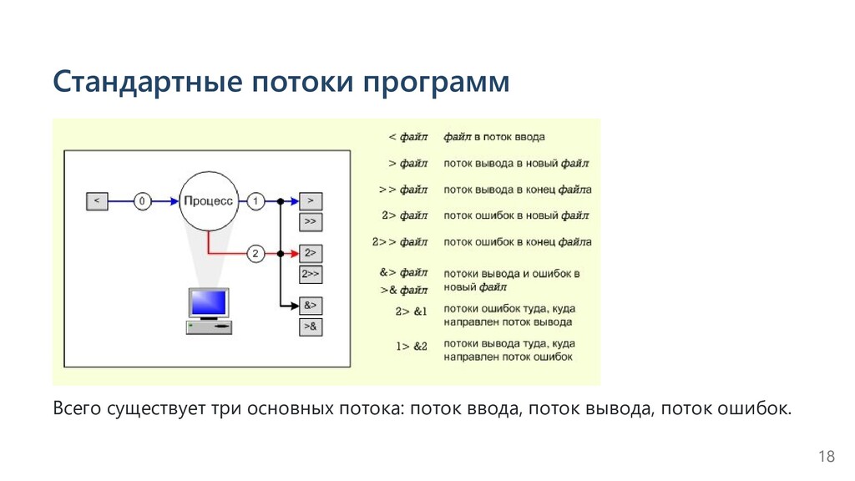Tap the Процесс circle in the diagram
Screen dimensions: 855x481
208,200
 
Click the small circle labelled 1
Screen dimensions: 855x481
255,201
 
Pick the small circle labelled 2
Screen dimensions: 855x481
255,252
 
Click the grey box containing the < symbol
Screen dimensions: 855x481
97,201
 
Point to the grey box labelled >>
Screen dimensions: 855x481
310,222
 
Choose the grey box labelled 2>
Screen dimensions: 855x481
310,252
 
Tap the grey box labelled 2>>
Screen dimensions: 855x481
310,274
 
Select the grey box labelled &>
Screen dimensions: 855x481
310,305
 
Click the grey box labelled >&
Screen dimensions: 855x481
310,327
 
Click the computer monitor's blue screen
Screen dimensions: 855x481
208,302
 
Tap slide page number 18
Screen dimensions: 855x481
826,456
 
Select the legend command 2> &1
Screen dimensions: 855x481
410,311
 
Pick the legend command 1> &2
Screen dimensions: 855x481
410,346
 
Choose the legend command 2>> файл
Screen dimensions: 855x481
400,242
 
